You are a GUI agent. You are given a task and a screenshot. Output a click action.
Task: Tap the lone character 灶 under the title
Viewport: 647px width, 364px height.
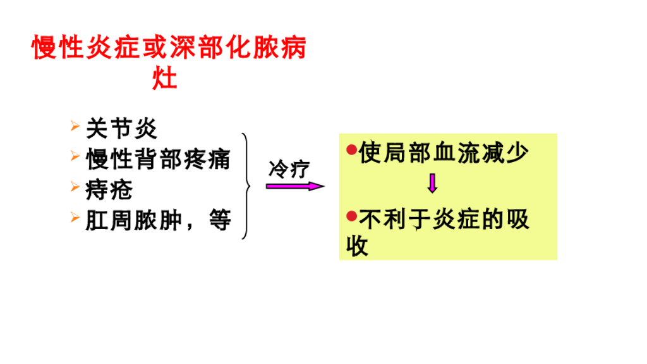[x=166, y=79]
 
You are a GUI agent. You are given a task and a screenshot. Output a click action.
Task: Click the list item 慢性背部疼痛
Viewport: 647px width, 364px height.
[x=159, y=160]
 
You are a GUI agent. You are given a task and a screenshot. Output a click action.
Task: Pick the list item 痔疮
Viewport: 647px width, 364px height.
[x=109, y=189]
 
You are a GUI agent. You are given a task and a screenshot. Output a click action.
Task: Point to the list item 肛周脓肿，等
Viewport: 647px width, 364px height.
[x=159, y=220]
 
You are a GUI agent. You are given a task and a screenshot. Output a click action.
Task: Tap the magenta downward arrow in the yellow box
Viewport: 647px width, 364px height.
[x=433, y=183]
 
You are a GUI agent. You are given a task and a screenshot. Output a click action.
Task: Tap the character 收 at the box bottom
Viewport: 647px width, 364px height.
[x=358, y=246]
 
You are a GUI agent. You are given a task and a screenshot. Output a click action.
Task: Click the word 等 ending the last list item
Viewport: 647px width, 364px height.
[x=219, y=221]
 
